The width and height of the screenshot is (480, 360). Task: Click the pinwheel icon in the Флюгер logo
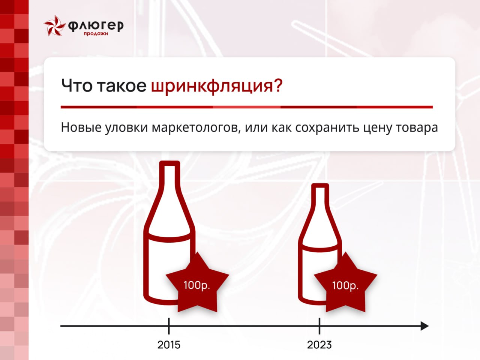pyautogui.click(x=55, y=25)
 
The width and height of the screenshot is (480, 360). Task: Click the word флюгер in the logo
pyautogui.click(x=96, y=26)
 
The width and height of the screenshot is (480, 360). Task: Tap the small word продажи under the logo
pyautogui.click(x=96, y=34)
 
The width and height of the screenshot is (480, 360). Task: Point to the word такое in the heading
pyautogui.click(x=121, y=86)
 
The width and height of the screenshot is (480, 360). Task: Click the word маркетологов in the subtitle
pyautogui.click(x=196, y=127)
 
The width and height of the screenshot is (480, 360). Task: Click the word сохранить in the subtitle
pyautogui.click(x=327, y=128)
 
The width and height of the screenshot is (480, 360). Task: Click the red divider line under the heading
pyautogui.click(x=247, y=107)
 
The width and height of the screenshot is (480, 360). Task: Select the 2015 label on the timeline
pyautogui.click(x=169, y=345)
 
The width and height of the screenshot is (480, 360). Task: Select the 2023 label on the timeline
pyautogui.click(x=319, y=345)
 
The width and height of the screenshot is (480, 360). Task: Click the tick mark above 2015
pyautogui.click(x=169, y=326)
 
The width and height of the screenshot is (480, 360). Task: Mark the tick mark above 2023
pyautogui.click(x=319, y=326)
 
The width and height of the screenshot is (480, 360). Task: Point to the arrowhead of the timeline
pyautogui.click(x=424, y=326)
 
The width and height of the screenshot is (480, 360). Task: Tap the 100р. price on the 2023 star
pyautogui.click(x=345, y=285)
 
